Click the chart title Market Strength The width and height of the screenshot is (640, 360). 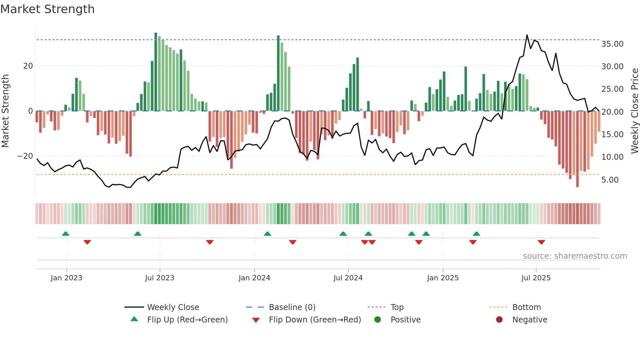point(47,9)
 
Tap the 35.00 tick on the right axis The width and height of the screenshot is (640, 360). point(612,44)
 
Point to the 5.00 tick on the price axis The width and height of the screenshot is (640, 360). point(610,180)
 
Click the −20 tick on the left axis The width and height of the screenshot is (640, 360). point(25,156)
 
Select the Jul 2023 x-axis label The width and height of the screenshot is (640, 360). point(159,278)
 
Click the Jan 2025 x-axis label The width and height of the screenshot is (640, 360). point(442,278)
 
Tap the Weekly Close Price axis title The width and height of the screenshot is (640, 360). point(634,111)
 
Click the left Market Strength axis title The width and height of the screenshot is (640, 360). point(5,111)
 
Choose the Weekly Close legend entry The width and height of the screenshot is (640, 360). point(173,307)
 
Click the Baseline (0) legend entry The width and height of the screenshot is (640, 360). point(292,307)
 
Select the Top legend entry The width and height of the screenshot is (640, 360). point(397,307)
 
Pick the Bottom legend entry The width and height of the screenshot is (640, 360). point(526,307)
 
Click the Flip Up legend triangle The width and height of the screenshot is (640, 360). point(134,319)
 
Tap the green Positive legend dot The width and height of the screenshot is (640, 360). point(377,319)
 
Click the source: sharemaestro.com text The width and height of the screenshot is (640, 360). point(575,256)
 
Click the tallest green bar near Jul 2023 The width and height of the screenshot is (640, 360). point(156,72)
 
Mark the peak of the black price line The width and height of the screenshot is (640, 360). point(527,35)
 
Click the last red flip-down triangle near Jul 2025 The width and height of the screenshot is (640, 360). point(541,242)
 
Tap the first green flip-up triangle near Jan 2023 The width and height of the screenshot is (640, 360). point(66,234)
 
